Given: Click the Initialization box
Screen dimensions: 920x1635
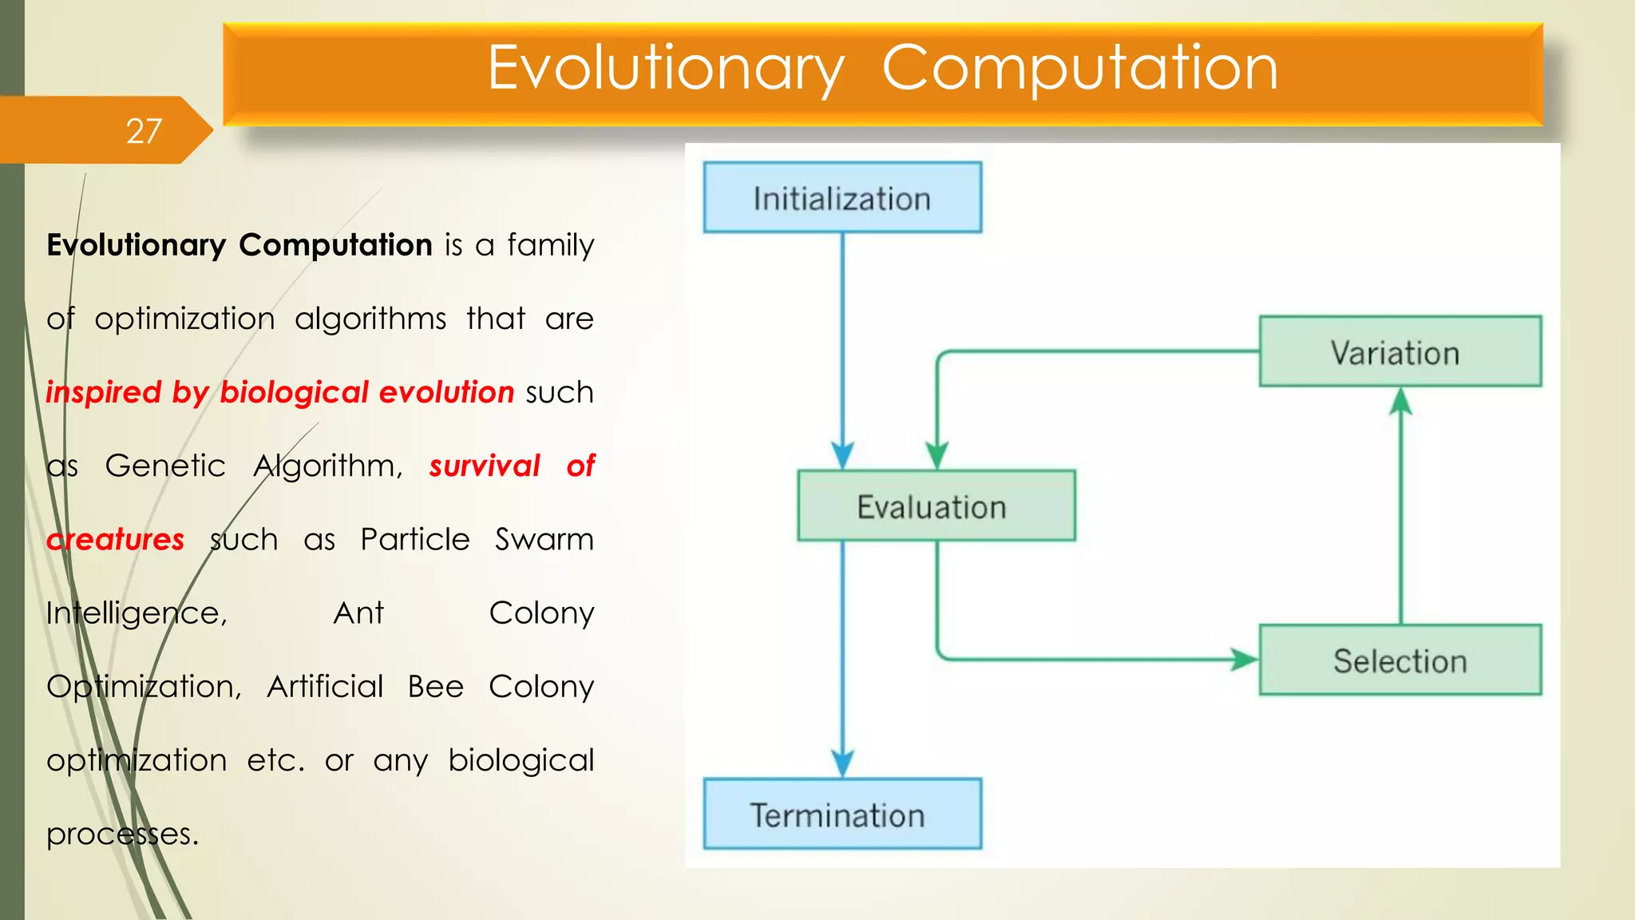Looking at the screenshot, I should (842, 198).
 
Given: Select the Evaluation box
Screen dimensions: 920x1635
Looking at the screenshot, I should (936, 506).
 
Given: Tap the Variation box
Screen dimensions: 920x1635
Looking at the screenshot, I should (1399, 352).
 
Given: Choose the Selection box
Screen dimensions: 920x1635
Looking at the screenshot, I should (1399, 660).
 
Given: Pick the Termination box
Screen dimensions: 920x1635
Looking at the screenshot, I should (842, 815).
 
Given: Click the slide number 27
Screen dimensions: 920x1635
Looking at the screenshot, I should (144, 131).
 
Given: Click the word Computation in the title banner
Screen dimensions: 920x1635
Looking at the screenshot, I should (1079, 68).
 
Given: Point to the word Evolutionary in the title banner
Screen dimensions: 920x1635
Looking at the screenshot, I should (665, 68).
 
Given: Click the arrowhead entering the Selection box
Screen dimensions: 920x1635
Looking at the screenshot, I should (1244, 660).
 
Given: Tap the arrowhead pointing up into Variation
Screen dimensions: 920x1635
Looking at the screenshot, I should (1400, 402).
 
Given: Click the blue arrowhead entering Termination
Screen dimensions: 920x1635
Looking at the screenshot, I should (842, 763).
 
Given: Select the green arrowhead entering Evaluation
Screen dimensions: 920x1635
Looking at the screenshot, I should (936, 455).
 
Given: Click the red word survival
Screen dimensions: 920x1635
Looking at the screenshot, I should (485, 466).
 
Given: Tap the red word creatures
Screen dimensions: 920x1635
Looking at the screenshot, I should (116, 540).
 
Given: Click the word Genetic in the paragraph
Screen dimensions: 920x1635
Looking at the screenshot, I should (165, 466).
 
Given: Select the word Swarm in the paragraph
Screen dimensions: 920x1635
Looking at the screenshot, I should (544, 540).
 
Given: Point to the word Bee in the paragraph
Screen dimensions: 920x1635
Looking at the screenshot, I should (435, 687).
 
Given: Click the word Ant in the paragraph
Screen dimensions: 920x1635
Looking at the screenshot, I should (358, 613).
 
